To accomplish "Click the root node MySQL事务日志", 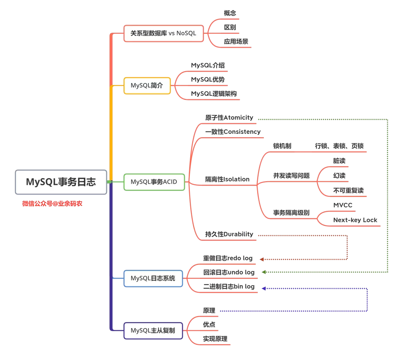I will click(x=61, y=182).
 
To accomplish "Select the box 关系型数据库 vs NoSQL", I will click(x=164, y=33).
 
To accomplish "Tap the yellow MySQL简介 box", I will click(x=147, y=85).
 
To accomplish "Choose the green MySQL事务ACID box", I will click(x=154, y=182).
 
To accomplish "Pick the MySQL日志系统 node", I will click(x=153, y=278).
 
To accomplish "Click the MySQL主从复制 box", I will click(x=153, y=331).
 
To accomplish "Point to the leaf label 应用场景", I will click(x=236, y=41).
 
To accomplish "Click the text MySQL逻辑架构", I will click(x=214, y=94).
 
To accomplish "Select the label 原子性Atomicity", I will click(x=229, y=118).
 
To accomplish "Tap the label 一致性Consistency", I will click(x=233, y=132).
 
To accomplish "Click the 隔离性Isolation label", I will click(x=227, y=179).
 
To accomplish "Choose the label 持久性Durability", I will click(x=229, y=234).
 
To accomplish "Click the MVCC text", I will click(x=342, y=205).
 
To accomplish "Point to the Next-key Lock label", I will click(x=355, y=220).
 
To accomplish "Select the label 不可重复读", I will click(x=348, y=191).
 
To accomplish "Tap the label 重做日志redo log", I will click(x=228, y=259).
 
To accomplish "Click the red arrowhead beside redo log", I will click(x=262, y=259).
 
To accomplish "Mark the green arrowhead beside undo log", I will click(x=264, y=272).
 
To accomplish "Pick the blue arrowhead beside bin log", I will click(x=264, y=289).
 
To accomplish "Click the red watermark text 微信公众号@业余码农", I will click(x=52, y=204).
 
